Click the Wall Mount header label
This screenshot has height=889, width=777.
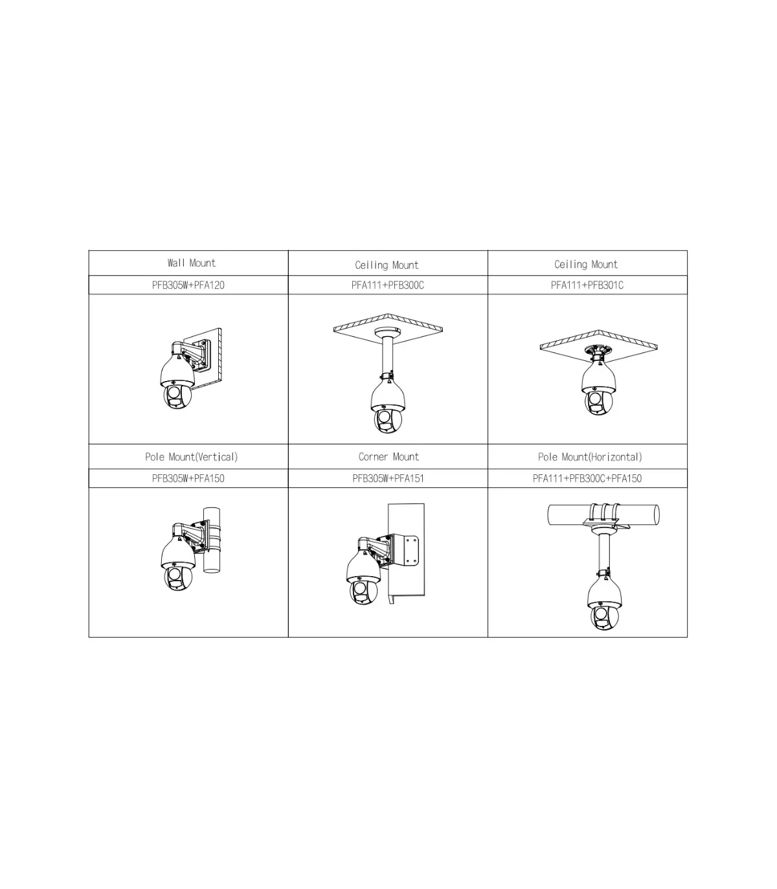pos(192,263)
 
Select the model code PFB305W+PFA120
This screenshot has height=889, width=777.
pos(188,285)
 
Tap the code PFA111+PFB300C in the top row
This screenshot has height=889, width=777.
pos(388,285)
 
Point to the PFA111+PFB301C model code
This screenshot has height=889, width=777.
pos(587,285)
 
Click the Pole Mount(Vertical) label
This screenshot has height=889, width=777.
pos(192,457)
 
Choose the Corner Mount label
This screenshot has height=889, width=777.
pos(388,457)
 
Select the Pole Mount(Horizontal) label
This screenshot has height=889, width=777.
pos(590,457)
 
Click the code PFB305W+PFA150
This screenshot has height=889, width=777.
pos(188,478)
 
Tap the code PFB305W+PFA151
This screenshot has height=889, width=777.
pos(388,478)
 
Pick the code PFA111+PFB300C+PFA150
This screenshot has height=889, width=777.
pos(587,478)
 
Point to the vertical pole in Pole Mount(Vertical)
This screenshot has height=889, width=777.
pos(211,540)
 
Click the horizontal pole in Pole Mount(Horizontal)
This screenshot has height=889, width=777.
pos(603,514)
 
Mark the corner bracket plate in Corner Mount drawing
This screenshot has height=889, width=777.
pos(406,551)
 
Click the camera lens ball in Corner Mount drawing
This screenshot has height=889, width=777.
pos(363,593)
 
